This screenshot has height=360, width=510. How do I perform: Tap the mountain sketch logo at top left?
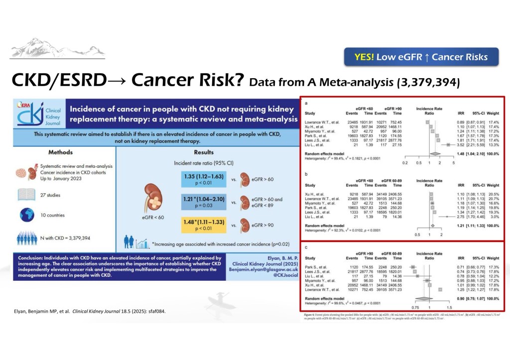coord(40,47)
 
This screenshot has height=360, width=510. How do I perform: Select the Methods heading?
coord(60,152)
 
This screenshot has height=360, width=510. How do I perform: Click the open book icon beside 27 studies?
coord(26,195)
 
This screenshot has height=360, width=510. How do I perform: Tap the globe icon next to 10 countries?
coord(26,215)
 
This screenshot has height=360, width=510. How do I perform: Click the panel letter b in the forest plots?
coord(306,175)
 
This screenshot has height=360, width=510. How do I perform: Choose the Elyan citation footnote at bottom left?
coord(87,312)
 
